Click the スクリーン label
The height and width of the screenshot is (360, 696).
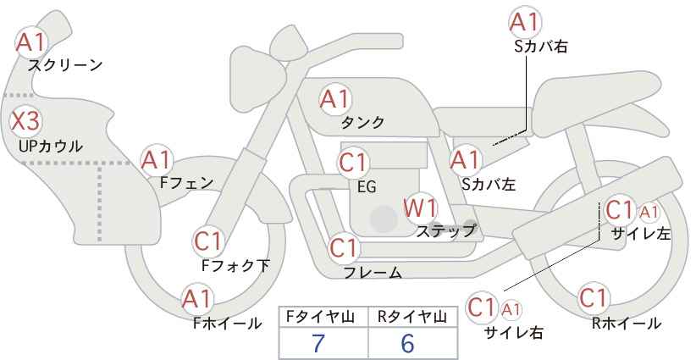[x=65, y=65]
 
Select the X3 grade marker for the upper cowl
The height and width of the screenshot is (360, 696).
[x=25, y=121]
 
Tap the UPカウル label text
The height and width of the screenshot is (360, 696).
[x=51, y=146]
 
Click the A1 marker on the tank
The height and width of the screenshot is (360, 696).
[x=335, y=99]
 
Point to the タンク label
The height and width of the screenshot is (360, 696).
[x=362, y=122]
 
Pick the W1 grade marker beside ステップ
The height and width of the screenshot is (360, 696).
[x=420, y=208]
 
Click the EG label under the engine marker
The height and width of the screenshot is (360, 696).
[x=367, y=187]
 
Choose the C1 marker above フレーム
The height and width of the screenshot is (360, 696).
[x=344, y=247]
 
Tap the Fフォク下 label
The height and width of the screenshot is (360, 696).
[x=235, y=265]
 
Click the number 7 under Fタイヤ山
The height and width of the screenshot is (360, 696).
[x=318, y=343]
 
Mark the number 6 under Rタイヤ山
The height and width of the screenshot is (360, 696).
[x=407, y=343]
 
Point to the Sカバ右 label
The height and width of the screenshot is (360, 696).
[x=541, y=47]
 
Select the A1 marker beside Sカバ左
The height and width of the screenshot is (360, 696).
[x=465, y=160]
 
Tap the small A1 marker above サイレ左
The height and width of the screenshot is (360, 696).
[x=649, y=213]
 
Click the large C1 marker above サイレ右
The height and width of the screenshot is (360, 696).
[x=482, y=307]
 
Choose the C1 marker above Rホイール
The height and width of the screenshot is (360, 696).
[x=594, y=298]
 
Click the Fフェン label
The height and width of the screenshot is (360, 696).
[x=186, y=182]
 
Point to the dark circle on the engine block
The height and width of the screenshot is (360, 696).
[x=384, y=219]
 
